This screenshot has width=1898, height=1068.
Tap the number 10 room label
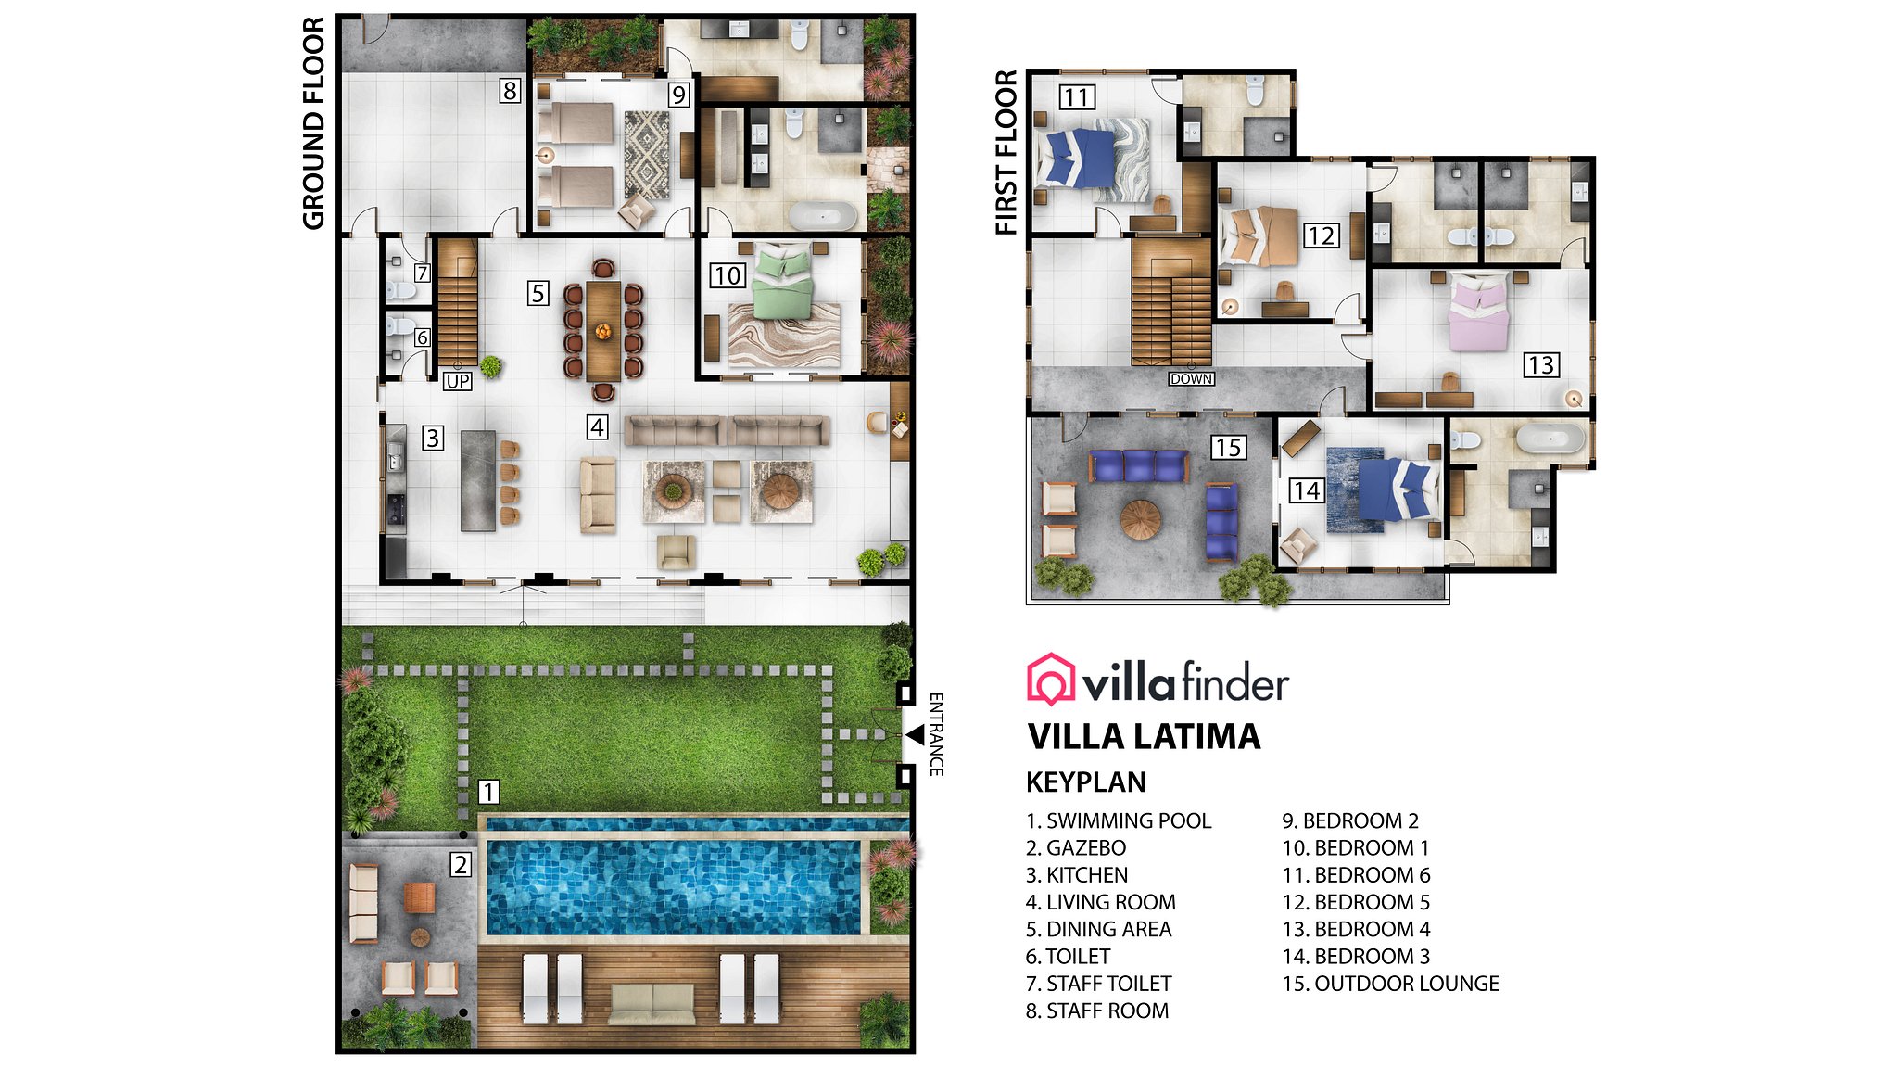728,275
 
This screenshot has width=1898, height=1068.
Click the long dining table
603,329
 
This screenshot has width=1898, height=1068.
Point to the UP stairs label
458,381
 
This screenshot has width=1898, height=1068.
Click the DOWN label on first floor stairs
1191,379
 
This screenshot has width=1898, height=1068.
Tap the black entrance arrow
916,734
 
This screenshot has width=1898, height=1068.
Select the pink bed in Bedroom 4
1479,315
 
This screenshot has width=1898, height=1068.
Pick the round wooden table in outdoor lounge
1140,519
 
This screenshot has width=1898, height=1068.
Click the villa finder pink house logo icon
1050,679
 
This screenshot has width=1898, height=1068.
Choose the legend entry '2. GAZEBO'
1076,847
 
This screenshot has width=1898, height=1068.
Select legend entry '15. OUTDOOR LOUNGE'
1390,984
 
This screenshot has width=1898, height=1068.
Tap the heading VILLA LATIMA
1144,737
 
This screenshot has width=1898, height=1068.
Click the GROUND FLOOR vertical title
313,122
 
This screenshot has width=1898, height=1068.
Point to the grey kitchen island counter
478,480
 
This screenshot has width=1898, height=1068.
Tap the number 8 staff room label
509,91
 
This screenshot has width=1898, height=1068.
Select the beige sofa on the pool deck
652,1005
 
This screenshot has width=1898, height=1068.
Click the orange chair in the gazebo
419,896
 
